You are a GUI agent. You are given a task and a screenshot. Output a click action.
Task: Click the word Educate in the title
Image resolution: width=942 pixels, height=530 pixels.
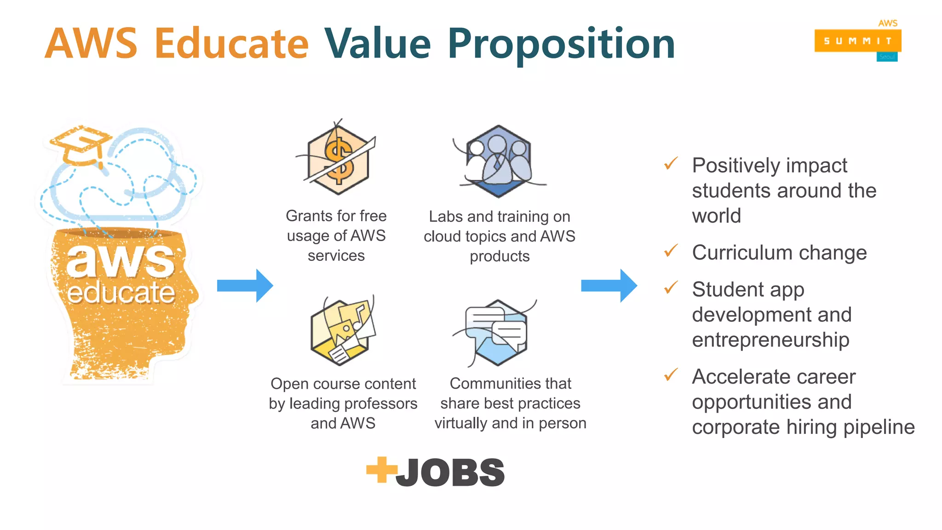pos(231,44)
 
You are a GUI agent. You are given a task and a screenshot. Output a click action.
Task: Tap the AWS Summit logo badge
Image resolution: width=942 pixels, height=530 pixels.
pos(857,41)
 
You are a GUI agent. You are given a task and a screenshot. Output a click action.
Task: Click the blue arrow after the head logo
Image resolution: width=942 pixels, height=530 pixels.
pos(245,286)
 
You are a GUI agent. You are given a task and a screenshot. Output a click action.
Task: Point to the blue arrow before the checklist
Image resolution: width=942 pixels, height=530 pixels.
pos(609,286)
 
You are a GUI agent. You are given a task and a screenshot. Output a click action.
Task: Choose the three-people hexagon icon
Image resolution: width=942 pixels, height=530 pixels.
pos(499,161)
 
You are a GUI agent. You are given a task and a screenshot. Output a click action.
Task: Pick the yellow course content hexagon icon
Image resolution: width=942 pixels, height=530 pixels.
pos(343,331)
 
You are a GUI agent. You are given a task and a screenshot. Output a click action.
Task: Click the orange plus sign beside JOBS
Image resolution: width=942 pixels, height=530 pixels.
pos(381,470)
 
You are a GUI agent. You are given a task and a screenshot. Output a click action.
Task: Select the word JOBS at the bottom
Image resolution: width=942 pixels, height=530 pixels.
pos(450,472)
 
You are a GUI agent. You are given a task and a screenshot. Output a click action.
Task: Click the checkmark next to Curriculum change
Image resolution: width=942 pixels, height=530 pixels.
pos(671,251)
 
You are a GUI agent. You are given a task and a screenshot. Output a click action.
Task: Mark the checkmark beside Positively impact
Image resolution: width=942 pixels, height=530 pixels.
pos(671,164)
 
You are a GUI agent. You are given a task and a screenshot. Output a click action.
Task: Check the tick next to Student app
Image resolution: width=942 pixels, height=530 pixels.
pos(671,288)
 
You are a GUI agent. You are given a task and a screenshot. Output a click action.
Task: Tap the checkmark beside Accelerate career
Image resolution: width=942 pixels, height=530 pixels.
pos(671,375)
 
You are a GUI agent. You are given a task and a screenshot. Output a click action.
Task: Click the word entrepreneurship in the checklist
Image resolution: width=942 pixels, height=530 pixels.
pos(770,340)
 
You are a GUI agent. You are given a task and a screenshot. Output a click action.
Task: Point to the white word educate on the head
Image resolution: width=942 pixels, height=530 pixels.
pos(121,293)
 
